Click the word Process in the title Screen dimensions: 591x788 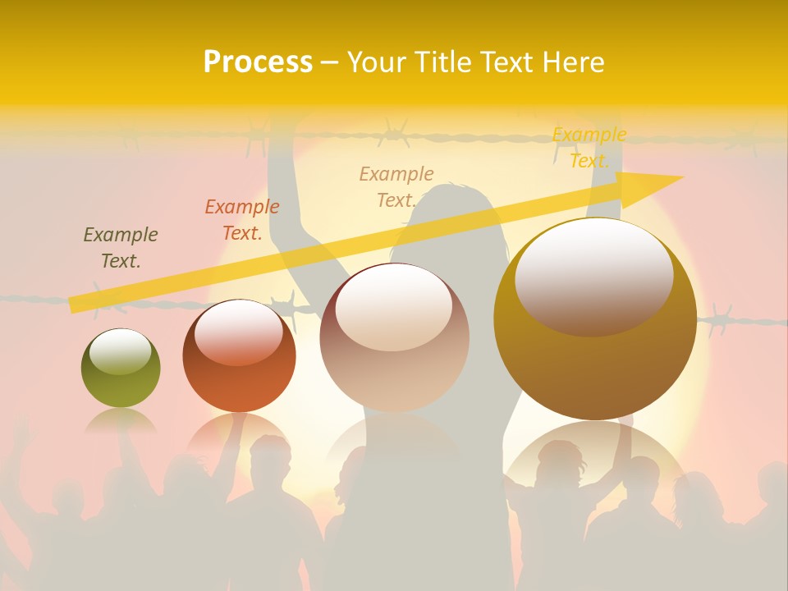tap(258, 62)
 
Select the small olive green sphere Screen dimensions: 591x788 tap(121, 368)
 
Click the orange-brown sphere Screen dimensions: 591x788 tap(239, 356)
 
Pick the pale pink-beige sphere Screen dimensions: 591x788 tap(395, 338)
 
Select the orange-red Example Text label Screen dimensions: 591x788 tap(242, 220)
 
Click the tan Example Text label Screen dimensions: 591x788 tap(396, 187)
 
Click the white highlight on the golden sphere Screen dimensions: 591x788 tap(593, 275)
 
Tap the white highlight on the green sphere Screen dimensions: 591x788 tap(120, 351)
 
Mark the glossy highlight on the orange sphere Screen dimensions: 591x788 tap(238, 330)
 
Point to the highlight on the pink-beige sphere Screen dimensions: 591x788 tap(393, 306)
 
